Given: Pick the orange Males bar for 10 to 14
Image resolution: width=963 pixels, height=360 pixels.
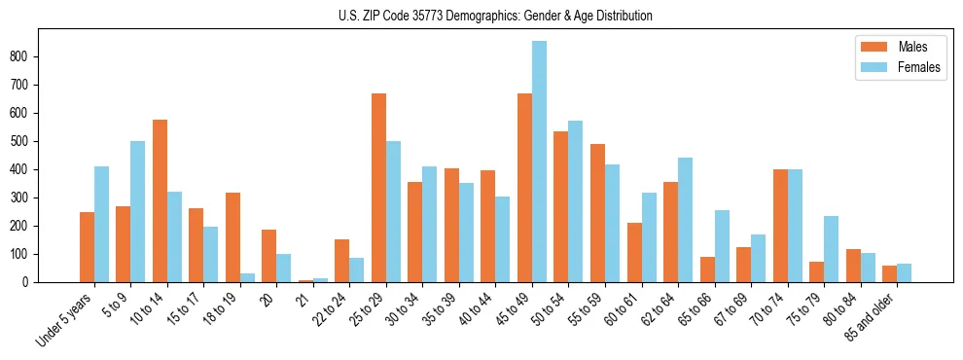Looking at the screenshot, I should [x=160, y=200].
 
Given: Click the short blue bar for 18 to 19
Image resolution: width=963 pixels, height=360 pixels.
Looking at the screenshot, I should [x=247, y=277].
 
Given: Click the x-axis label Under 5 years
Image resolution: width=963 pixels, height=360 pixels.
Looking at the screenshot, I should [x=65, y=318].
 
